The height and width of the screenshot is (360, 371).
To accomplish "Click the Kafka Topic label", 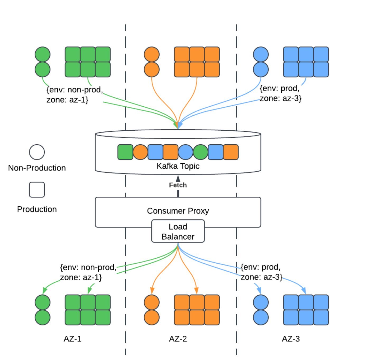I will [x=178, y=166].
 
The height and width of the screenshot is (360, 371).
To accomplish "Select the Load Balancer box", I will [x=178, y=231].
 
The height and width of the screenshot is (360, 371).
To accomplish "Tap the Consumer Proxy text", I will [x=178, y=211].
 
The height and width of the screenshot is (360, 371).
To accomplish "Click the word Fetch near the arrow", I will [x=178, y=185].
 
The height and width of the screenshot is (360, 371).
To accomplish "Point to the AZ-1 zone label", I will [x=72, y=339].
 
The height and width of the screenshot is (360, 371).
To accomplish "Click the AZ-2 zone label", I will [x=178, y=339].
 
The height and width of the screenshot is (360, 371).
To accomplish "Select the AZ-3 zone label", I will [x=291, y=339].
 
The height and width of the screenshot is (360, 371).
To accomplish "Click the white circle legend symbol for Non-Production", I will [x=37, y=152].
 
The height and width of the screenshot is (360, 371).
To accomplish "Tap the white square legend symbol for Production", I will [x=37, y=190].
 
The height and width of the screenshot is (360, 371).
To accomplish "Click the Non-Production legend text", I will [x=37, y=168].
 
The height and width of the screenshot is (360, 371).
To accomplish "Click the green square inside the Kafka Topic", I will [x=125, y=152].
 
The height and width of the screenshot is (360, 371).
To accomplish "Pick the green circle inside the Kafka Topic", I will [x=201, y=152].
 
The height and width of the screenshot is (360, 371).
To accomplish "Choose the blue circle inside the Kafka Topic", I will [x=185, y=152].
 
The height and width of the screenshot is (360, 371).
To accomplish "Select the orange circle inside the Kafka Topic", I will [x=140, y=152].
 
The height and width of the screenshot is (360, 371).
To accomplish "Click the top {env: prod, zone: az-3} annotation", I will [x=280, y=93].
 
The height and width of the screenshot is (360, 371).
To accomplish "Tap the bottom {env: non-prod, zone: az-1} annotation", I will [x=88, y=272].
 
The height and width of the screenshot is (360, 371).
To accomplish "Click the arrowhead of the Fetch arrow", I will [x=178, y=178].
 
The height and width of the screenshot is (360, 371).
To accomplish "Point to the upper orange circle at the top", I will [x=152, y=55].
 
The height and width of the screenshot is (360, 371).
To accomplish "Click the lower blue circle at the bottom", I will [x=261, y=317].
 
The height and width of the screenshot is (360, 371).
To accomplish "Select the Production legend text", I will [x=37, y=209].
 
